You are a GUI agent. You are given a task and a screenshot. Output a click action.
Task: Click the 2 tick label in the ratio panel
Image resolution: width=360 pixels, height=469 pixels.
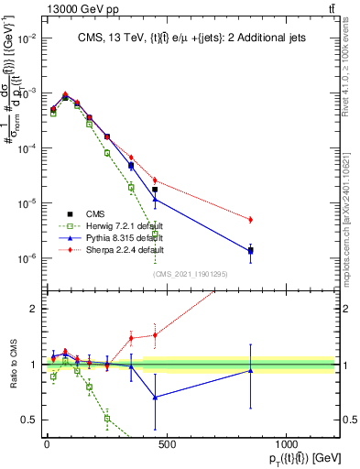click(x=34, y=309)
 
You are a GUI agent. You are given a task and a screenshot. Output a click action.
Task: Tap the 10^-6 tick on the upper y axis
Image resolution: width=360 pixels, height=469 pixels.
click(x=26, y=258)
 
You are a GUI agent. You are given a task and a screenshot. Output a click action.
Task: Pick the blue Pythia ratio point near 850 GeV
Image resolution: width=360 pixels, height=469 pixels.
click(x=251, y=370)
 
